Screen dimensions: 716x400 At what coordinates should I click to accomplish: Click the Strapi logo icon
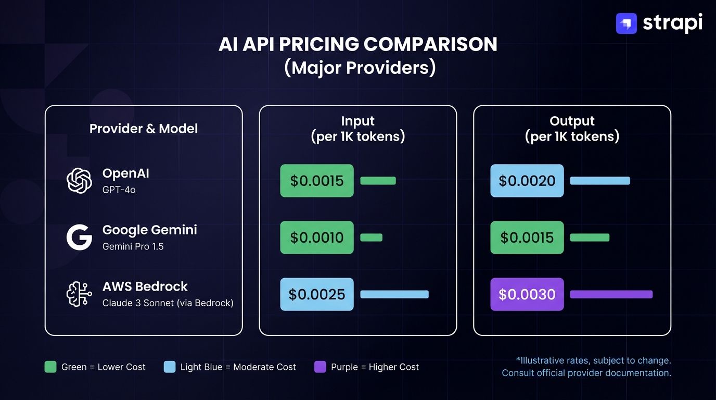[626, 23]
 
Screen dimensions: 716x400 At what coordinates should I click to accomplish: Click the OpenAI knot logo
[79, 181]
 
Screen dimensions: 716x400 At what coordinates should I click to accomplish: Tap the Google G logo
[79, 238]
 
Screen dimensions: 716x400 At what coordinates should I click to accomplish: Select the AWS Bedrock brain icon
[79, 294]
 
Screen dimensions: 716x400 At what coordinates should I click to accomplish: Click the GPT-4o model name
[119, 190]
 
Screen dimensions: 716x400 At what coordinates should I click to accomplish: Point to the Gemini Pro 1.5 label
[133, 246]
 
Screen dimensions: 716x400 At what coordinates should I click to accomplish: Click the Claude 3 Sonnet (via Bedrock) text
[168, 303]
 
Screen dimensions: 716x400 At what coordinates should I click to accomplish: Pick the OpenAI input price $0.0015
[317, 181]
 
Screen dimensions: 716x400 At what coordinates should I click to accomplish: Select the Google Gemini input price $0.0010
[317, 238]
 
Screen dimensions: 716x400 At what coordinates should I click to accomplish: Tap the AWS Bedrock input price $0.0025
[317, 294]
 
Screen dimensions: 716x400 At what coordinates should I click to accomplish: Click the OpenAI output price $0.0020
[527, 181]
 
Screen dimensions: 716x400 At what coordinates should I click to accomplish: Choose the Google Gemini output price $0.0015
[527, 238]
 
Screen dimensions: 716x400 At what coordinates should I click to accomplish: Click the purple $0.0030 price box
[527, 294]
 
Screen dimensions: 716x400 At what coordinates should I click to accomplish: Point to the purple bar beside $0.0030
[611, 294]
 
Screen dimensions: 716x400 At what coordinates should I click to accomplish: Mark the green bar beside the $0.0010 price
[371, 238]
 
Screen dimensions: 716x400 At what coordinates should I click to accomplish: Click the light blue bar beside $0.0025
[394, 294]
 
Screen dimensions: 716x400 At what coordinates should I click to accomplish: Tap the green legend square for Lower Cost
[50, 367]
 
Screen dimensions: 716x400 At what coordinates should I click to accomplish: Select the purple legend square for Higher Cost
[320, 367]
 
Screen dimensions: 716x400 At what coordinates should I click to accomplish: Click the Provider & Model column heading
[144, 129]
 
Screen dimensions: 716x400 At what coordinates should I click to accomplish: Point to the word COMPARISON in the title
[430, 44]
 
